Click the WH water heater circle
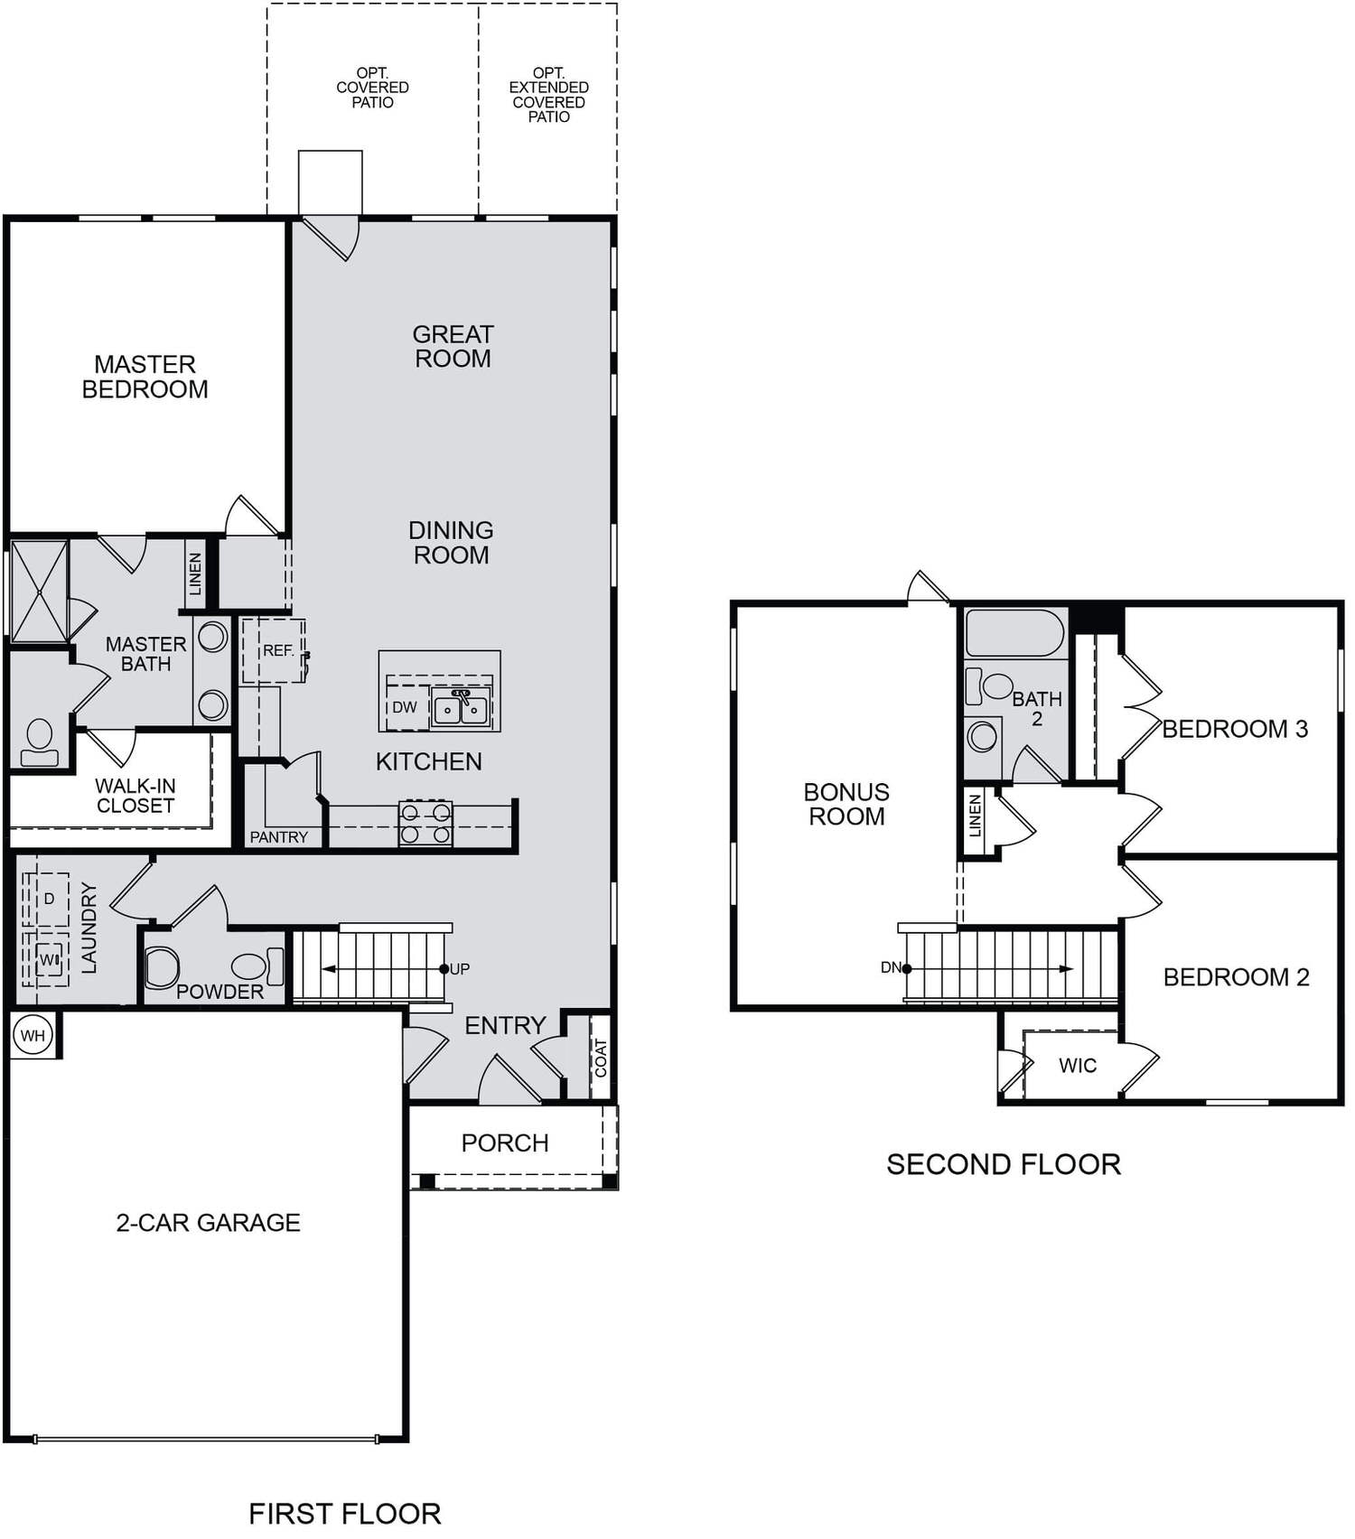33,1035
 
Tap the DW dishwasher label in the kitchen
405,707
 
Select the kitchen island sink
461,708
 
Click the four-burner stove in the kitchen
425,823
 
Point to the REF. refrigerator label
278,650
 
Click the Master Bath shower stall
40,592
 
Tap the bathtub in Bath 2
1014,633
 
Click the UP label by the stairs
460,969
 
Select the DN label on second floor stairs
891,967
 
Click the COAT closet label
601,1058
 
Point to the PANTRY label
278,837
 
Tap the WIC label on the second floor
1078,1066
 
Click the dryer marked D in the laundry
49,899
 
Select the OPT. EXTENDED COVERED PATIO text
548,95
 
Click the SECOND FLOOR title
1004,1164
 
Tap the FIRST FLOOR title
345,1513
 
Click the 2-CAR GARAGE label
208,1222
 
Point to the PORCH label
505,1143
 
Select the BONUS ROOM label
846,804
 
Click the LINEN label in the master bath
195,574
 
